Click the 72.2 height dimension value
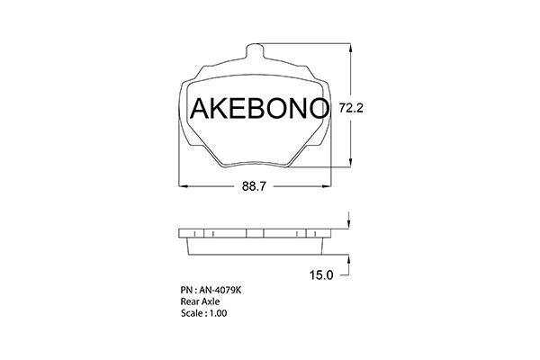tap(351, 109)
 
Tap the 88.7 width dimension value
tap(254, 186)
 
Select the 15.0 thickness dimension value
tap(321, 275)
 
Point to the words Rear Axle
tap(200, 301)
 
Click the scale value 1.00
tap(218, 313)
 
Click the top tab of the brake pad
tap(256, 51)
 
